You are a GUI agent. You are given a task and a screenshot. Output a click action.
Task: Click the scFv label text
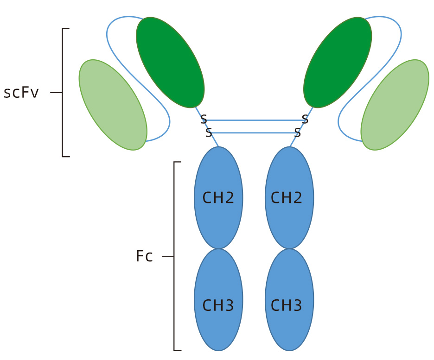click(21, 93)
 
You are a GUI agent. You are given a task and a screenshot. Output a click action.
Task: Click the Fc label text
click(144, 257)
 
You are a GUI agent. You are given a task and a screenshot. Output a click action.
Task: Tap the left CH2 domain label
click(218, 198)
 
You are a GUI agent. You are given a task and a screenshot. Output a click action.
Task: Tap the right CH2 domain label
click(287, 198)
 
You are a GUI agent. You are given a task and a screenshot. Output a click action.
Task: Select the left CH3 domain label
click(218, 305)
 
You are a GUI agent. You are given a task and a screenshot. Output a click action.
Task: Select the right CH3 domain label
click(287, 305)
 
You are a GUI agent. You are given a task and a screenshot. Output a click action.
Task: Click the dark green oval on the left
click(170, 63)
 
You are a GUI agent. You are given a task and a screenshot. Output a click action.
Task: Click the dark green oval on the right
click(338, 63)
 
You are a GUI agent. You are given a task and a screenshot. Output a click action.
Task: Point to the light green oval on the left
click(113, 105)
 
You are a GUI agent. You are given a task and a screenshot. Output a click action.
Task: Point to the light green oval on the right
click(395, 105)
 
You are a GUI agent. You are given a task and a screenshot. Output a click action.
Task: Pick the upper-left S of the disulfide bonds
click(204, 120)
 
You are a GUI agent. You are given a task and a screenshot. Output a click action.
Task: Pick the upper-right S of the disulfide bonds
click(305, 120)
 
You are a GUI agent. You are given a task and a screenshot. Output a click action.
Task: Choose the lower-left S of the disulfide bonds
click(209, 133)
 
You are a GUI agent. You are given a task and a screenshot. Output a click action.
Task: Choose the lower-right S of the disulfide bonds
click(298, 133)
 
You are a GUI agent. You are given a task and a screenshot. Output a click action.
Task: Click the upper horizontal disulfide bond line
click(254, 120)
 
